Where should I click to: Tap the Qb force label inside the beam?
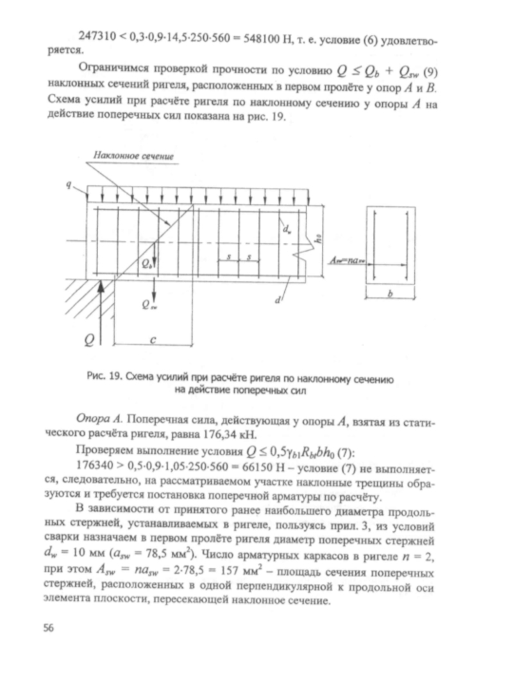point(146,263)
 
